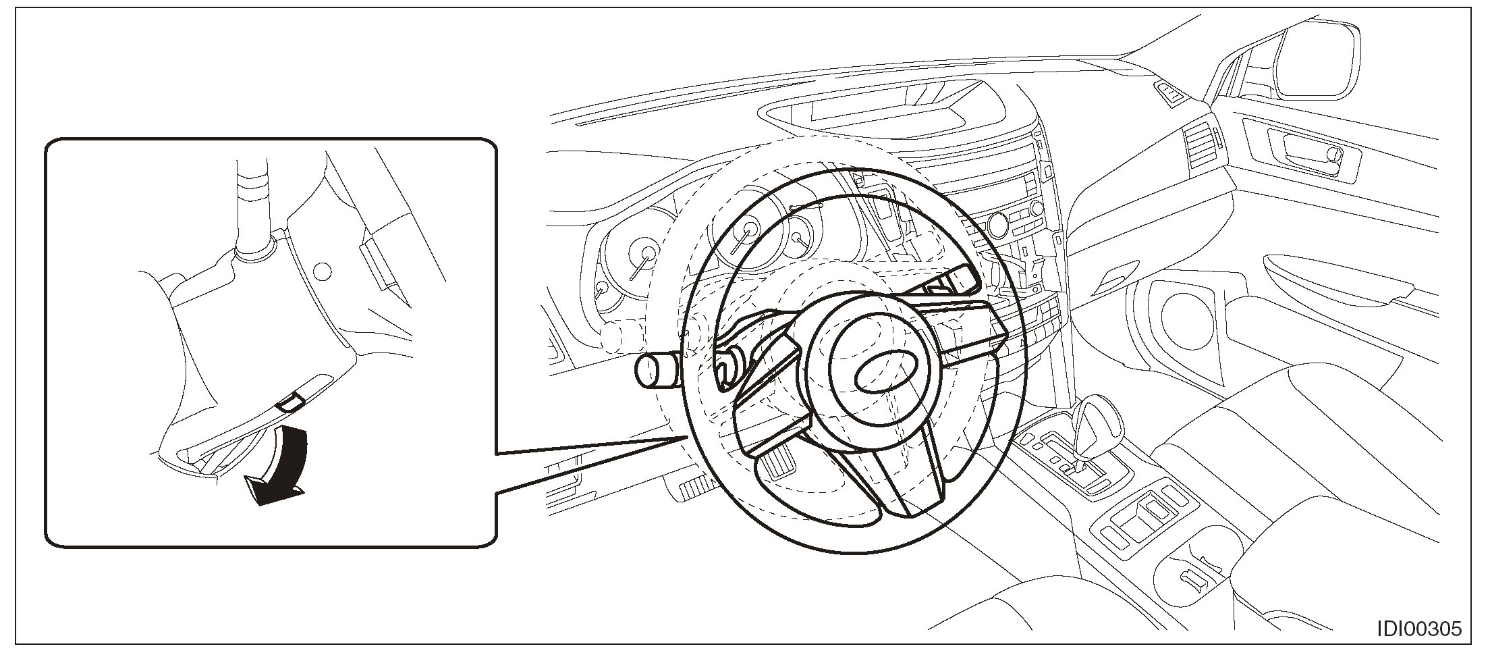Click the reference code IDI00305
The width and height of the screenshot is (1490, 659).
click(x=1419, y=629)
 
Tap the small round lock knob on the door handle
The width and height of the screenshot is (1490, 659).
click(x=1332, y=155)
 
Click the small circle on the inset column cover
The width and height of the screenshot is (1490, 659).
click(x=323, y=271)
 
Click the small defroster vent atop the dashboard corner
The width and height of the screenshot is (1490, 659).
click(x=1171, y=93)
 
